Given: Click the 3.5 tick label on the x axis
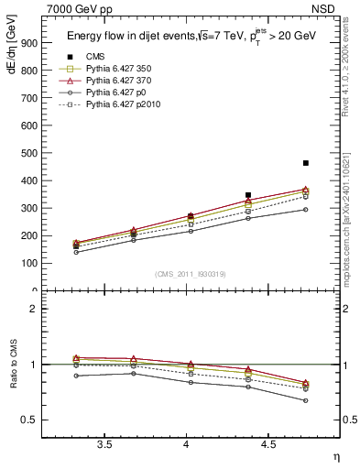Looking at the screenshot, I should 104,444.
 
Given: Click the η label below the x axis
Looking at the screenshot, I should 335,456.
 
